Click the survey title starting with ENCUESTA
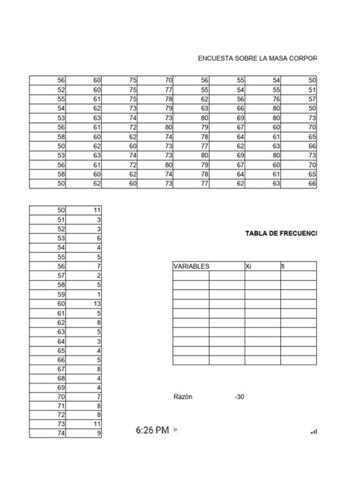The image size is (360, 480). (257, 58)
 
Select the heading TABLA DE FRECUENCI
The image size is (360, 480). (280, 233)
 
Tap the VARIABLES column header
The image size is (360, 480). (191, 267)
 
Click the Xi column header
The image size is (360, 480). (248, 267)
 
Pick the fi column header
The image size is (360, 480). (284, 267)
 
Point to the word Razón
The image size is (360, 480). (185, 396)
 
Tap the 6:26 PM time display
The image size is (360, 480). (152, 430)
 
